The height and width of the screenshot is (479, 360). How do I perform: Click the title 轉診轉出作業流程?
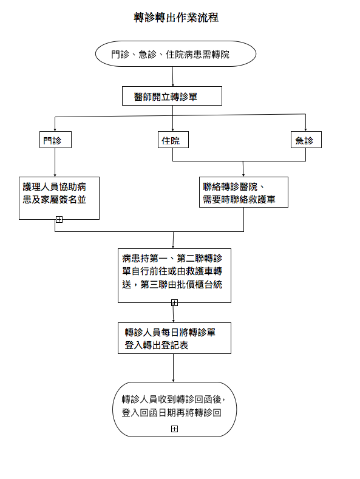pos(176,18)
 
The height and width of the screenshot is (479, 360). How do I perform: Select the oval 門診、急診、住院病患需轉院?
pos(175,54)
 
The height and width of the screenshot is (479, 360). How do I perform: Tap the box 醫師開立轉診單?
pos(172,96)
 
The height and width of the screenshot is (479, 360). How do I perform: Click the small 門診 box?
pos(55,140)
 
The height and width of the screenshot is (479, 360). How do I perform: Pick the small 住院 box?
pos(173,140)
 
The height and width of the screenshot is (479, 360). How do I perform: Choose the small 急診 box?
pos(306,140)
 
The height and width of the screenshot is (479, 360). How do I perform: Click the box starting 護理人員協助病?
pos(59,198)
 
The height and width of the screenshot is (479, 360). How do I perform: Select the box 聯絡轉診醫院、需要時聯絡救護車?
pos(243,192)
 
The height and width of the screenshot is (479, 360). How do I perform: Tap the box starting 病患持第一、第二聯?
pos(174,276)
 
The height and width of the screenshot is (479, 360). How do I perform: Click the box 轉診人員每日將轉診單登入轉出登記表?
pos(174,338)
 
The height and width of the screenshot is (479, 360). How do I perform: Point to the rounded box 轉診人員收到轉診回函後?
pos(174,409)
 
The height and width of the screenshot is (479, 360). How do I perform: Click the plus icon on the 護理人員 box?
pos(59,219)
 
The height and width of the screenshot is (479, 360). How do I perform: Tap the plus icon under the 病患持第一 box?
pos(174,303)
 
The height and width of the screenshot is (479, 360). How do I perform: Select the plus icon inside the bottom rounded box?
pos(174,429)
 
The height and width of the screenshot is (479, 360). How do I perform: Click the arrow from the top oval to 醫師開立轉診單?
pos(172,76)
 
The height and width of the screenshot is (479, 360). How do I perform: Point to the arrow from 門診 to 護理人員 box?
pos(55,163)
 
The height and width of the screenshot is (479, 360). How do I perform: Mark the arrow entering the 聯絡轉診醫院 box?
pos(243,169)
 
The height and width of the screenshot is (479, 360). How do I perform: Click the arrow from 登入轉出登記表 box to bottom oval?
pos(173,368)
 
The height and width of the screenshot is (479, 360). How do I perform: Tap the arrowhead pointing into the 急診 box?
pos(305,129)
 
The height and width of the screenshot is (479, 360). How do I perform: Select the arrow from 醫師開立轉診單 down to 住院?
pos(172,118)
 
